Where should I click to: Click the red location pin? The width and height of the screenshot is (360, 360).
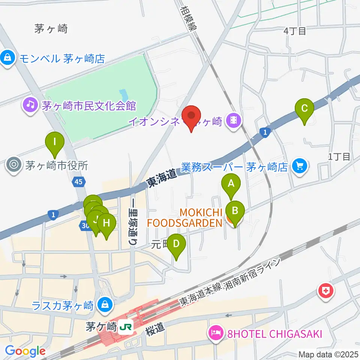[x=192, y=117]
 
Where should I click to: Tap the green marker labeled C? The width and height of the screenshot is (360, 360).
[x=304, y=109]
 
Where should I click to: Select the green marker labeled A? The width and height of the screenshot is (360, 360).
[x=231, y=184]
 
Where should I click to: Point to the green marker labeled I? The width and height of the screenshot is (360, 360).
[x=55, y=142]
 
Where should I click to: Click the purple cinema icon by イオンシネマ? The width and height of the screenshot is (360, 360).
[x=234, y=120]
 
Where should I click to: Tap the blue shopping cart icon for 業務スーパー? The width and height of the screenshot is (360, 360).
[x=300, y=165]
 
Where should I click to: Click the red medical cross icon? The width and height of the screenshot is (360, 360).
[x=325, y=291]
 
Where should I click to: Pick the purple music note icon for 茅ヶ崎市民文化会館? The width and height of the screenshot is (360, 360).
[x=30, y=105]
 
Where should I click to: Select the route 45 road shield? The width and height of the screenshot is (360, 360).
[x=79, y=182]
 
